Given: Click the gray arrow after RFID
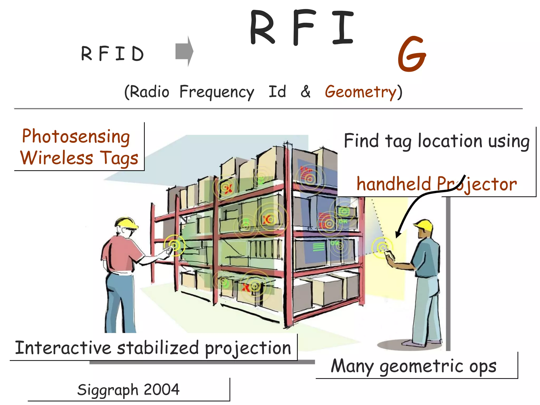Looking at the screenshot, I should click(x=184, y=51).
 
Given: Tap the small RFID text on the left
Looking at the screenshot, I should click(x=112, y=54).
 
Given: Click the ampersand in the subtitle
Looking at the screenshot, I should click(x=305, y=91).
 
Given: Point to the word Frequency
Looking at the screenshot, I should click(x=217, y=92).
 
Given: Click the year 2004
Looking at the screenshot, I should click(x=162, y=389).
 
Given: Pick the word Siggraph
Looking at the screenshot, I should click(x=108, y=390).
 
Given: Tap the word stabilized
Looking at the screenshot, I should click(x=158, y=348).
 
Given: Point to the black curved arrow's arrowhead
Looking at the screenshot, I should click(x=398, y=234).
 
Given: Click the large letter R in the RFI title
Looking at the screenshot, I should click(x=262, y=28).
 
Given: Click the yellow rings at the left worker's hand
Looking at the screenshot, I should click(x=175, y=245).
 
